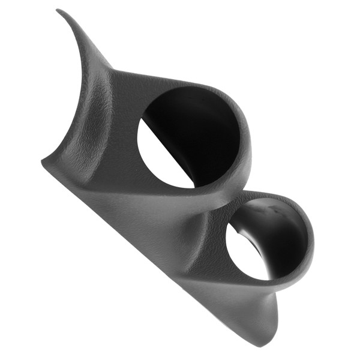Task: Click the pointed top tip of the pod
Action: (x=58, y=10)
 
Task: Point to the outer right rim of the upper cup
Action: (x=250, y=144)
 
